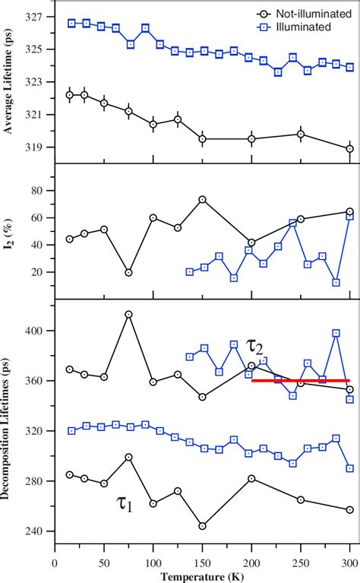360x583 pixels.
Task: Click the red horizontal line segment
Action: click(300, 380)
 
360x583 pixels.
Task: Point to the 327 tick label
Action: click(36, 16)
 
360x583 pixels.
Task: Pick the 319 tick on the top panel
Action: click(36, 147)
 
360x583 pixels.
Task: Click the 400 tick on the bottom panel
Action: click(36, 331)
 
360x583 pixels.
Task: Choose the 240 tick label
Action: click(36, 531)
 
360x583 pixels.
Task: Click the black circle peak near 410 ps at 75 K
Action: click(128, 314)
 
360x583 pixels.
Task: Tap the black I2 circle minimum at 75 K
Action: click(128, 272)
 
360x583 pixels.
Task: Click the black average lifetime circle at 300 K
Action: click(350, 149)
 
